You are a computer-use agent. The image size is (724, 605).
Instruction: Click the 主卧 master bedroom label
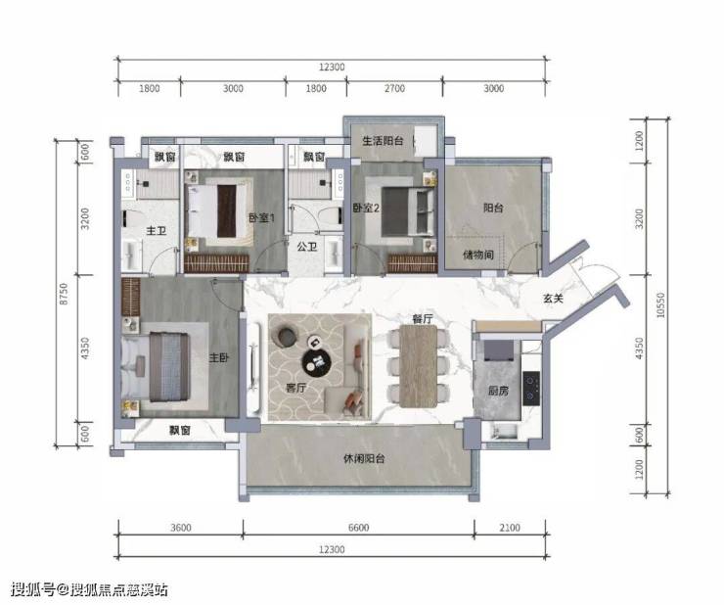coord(218,357)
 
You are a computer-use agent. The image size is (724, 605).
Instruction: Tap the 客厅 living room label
coord(295,388)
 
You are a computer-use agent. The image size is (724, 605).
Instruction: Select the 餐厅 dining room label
coord(423,319)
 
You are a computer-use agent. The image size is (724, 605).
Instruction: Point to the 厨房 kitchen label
coord(498,391)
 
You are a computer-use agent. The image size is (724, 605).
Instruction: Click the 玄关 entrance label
coord(553,299)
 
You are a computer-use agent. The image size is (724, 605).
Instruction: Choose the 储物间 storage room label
coord(478,255)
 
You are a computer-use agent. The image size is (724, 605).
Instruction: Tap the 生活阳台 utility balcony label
coord(383,141)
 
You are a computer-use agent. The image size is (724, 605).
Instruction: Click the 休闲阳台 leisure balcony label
coord(364,458)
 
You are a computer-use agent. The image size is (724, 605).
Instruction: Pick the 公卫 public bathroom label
coord(307,247)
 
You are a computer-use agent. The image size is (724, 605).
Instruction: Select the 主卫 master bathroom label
coord(157,230)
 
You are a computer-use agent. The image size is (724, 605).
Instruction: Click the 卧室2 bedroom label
coord(366,208)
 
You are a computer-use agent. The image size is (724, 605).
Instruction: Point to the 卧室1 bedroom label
coord(261,217)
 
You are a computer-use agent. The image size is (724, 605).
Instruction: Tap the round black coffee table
coord(317,361)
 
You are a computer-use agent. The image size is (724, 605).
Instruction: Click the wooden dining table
coord(419,366)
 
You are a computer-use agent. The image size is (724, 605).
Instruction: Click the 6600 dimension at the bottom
coord(358,528)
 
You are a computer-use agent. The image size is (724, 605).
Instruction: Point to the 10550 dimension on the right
coord(660,305)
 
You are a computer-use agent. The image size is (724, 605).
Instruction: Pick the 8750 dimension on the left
coord(64,294)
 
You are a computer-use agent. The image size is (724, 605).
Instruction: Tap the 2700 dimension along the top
coord(394,88)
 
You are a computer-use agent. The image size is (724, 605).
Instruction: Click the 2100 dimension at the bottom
coord(510,528)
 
